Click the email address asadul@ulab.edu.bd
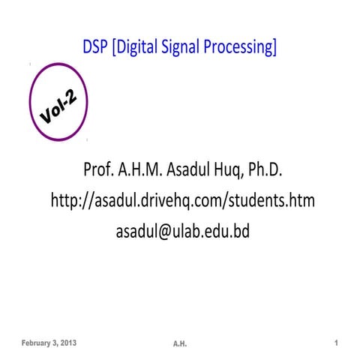[x=181, y=232]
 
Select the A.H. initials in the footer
[x=179, y=344]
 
